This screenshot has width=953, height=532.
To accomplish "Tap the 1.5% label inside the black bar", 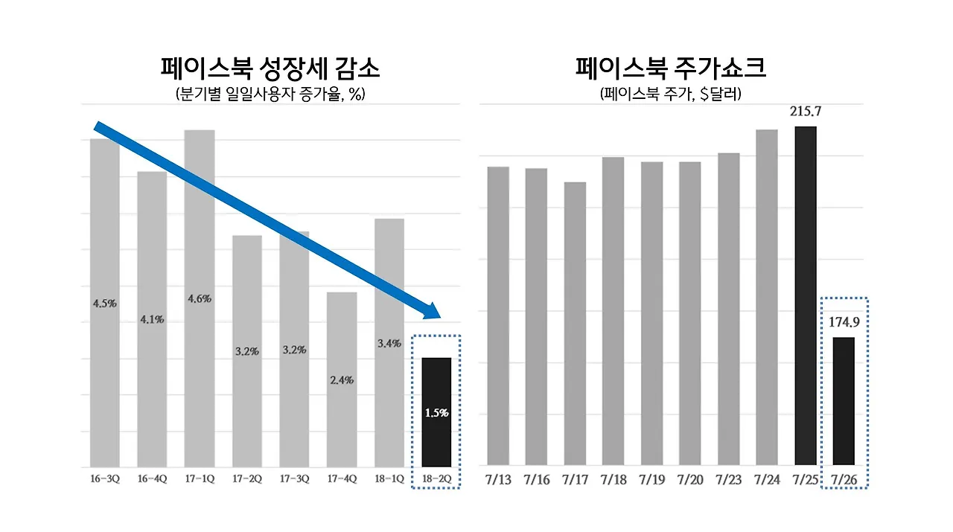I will click(x=436, y=413).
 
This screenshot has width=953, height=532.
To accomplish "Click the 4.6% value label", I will click(x=200, y=298).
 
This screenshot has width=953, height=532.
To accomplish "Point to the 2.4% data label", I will click(x=341, y=380).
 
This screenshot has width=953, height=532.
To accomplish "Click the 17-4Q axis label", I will click(x=341, y=479).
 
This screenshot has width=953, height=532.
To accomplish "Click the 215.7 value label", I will click(x=806, y=112).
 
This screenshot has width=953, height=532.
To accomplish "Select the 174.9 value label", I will click(x=844, y=323).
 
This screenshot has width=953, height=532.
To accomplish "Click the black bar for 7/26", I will click(x=844, y=401).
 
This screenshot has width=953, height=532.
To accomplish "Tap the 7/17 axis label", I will click(x=575, y=480).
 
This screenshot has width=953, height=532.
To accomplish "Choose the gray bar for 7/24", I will click(x=767, y=298).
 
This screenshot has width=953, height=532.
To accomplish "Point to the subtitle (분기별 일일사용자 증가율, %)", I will click(x=270, y=94).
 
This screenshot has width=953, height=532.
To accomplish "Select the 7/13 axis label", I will click(x=498, y=480).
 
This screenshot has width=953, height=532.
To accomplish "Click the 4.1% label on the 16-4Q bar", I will click(x=152, y=320).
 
